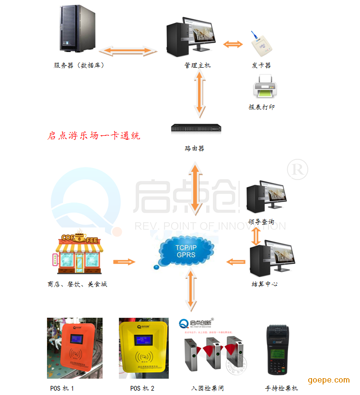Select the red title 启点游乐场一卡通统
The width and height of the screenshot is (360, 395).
[94, 136]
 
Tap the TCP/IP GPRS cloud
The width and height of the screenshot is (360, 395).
[186, 251]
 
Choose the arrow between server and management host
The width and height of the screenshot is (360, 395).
[131, 50]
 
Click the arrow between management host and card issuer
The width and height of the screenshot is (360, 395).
[233, 45]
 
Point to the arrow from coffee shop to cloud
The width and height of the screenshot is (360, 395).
[124, 262]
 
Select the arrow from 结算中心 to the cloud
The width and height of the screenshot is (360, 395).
[236, 262]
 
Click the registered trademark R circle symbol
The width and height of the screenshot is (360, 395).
[297, 170]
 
